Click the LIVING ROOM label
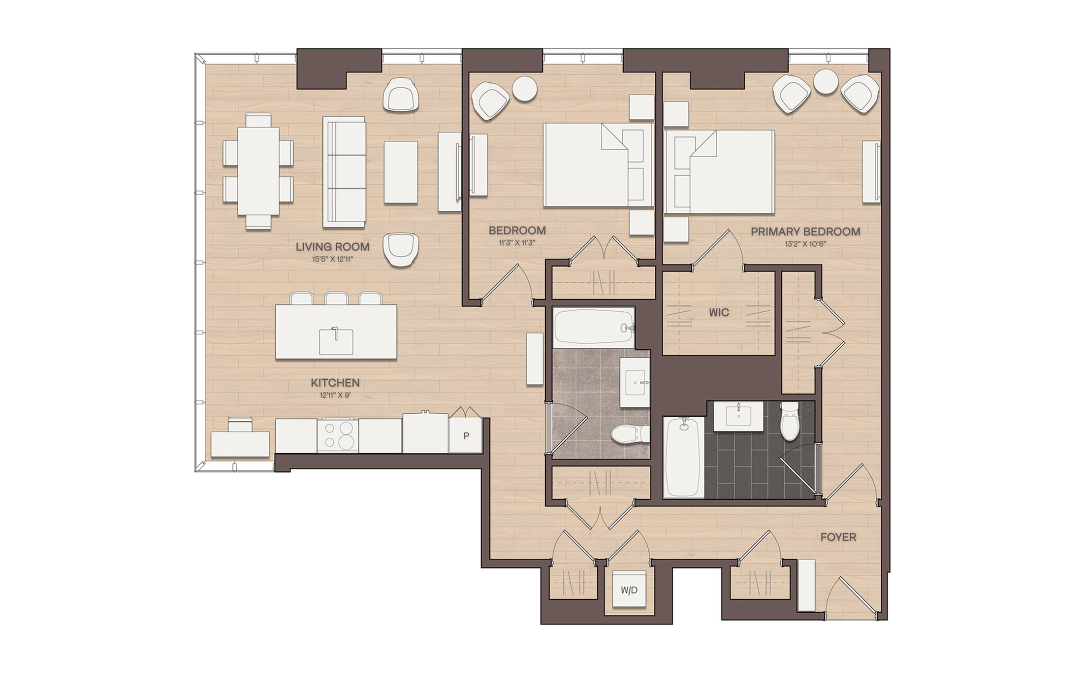332,247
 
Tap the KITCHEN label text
335,383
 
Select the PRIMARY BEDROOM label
805,231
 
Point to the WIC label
719,312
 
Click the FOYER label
838,537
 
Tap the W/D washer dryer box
629,590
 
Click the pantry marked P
465,435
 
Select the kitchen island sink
336,341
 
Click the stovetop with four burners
337,435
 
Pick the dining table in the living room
258,171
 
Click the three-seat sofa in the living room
344,172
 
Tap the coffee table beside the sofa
401,172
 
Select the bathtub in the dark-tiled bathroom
683,457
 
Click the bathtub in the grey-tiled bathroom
594,327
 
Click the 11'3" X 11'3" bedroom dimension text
517,243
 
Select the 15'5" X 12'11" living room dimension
332,260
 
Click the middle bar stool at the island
336,298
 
